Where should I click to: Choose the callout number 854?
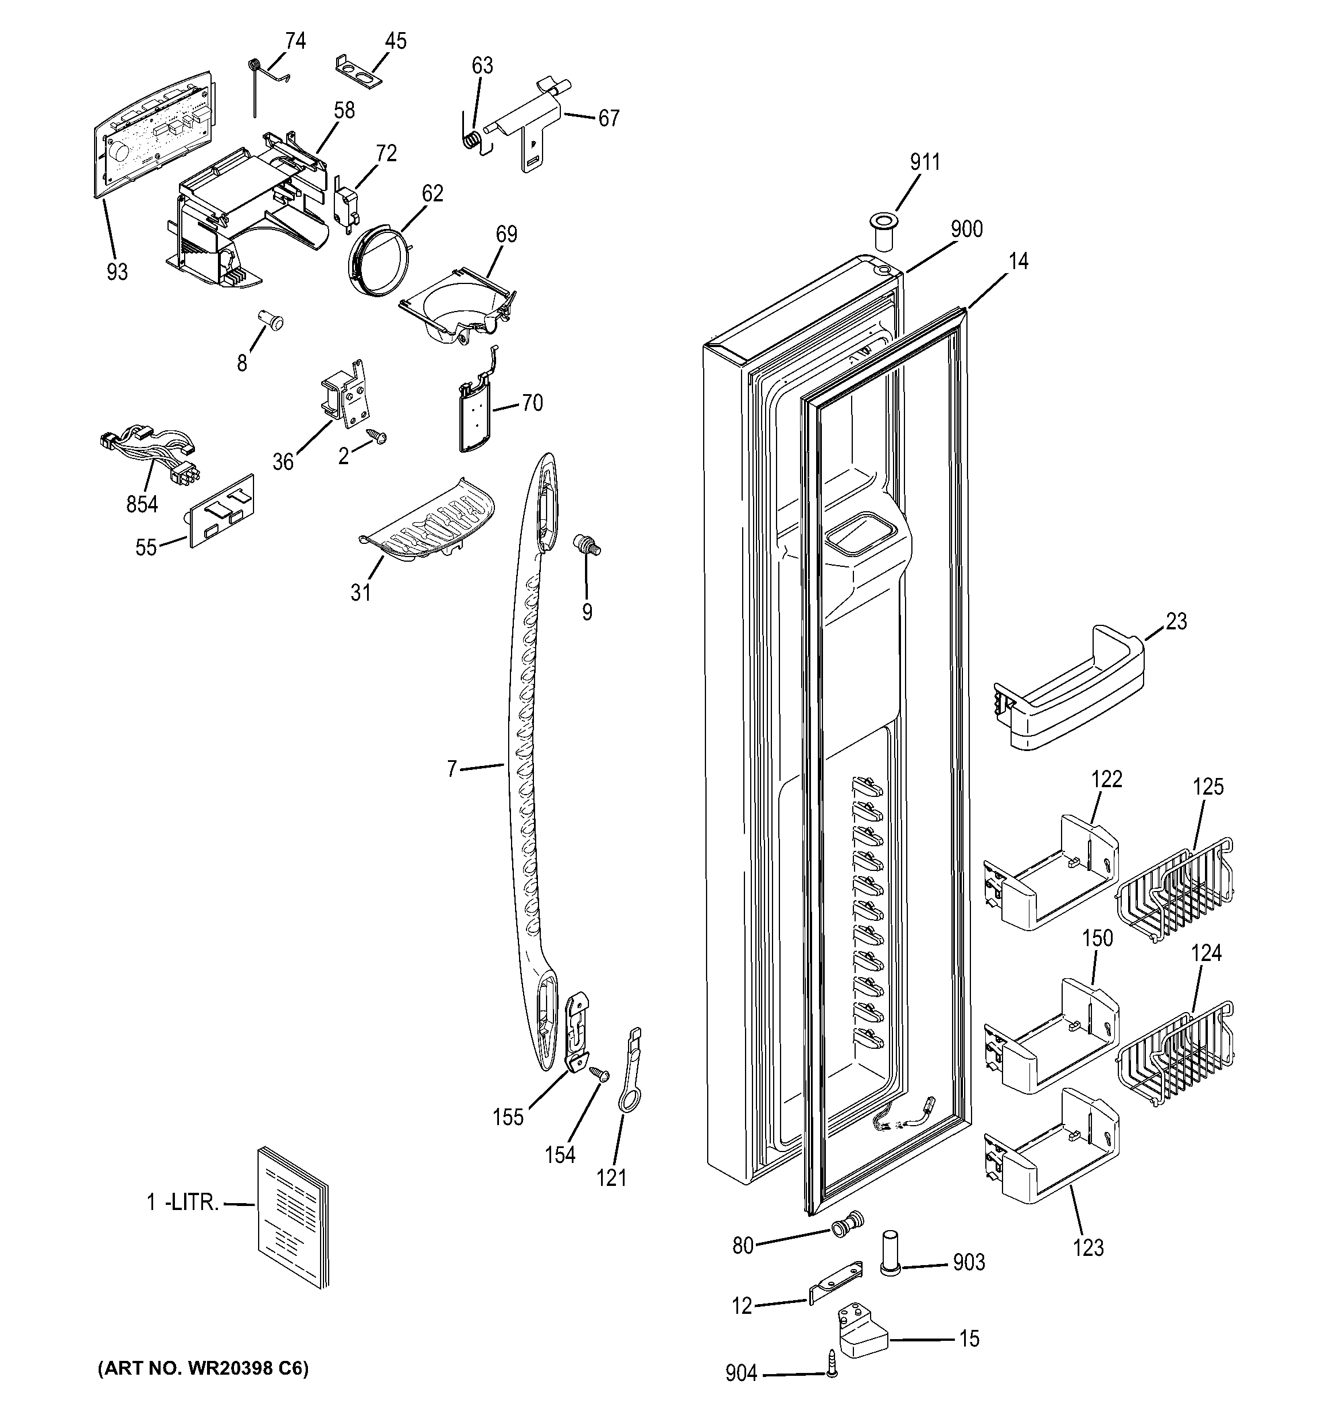tap(142, 504)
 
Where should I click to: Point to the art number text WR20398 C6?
tap(203, 1368)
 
